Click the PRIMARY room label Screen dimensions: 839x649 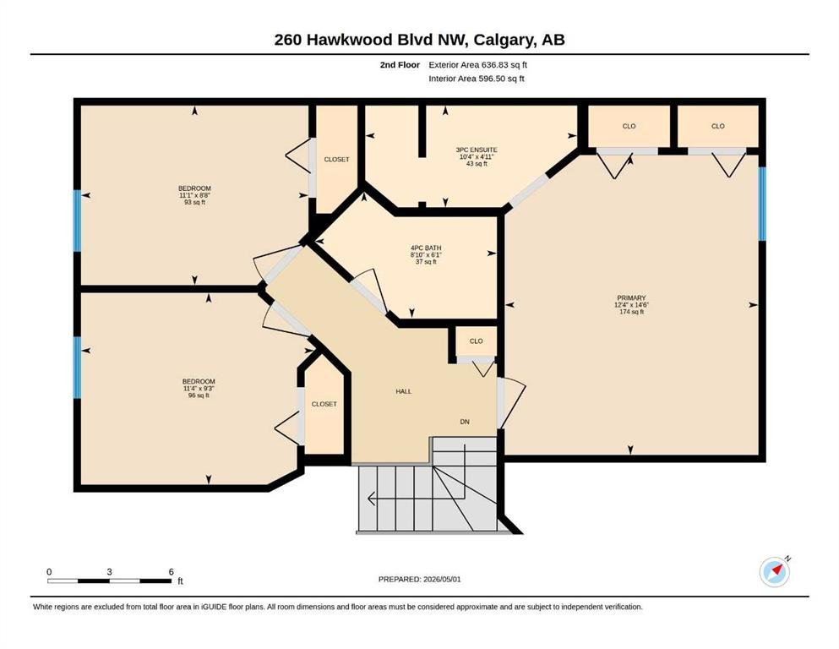click(631, 297)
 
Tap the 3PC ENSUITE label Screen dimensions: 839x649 click(477, 150)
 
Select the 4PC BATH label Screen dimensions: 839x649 click(426, 248)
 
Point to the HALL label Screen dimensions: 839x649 click(404, 391)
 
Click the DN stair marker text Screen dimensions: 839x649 click(465, 422)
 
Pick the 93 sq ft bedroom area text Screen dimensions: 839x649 click(195, 202)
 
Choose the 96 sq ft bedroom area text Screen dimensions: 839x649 click(199, 395)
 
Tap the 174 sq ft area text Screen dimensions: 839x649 click(631, 311)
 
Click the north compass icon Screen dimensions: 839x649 click(774, 572)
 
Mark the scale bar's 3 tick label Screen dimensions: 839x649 click(109, 571)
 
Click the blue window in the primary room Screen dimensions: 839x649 click(762, 204)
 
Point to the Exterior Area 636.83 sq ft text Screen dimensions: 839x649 click(478, 65)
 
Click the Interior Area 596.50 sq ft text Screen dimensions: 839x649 click(477, 79)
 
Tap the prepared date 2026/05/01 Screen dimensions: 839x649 click(442, 579)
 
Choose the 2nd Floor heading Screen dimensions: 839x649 click(400, 65)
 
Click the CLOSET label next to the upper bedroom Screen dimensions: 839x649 click(336, 160)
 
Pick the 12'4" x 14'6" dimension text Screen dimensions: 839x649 click(631, 304)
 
